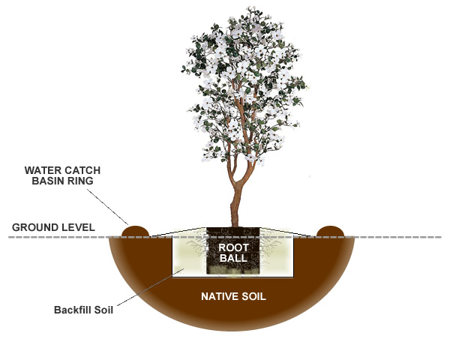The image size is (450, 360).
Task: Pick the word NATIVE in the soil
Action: pos(219,296)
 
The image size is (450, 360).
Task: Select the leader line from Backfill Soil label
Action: pos(146,289)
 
